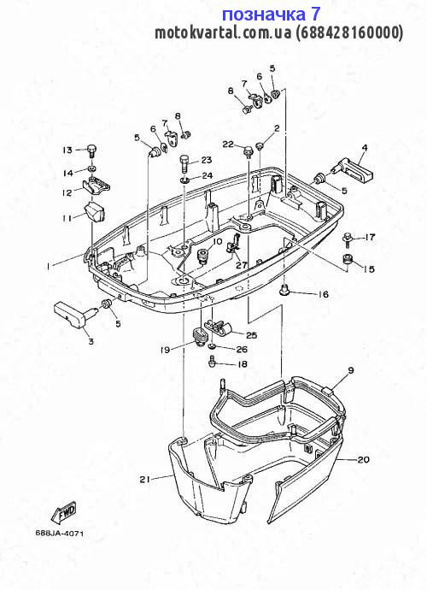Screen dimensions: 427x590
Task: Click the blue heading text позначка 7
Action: pyautogui.click(x=271, y=15)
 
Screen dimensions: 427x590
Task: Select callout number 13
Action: pyautogui.click(x=67, y=150)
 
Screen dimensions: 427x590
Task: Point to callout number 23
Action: pyautogui.click(x=206, y=160)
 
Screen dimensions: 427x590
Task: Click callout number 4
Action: pyautogui.click(x=364, y=147)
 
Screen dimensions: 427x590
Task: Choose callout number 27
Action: pyautogui.click(x=242, y=265)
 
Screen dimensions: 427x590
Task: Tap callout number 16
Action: pyautogui.click(x=323, y=294)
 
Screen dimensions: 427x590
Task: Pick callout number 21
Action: pyautogui.click(x=144, y=479)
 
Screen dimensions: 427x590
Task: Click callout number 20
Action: pyautogui.click(x=364, y=459)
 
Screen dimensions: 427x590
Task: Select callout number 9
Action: pyautogui.click(x=351, y=370)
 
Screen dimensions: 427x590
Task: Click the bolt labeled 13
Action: pyautogui.click(x=91, y=150)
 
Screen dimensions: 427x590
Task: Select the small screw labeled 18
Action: pyautogui.click(x=211, y=362)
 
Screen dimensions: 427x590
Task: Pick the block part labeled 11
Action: pyautogui.click(x=94, y=212)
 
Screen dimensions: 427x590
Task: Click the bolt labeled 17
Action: pyautogui.click(x=348, y=239)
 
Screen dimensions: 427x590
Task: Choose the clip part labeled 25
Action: pyautogui.click(x=219, y=327)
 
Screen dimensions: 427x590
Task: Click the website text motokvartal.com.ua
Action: pyautogui.click(x=223, y=32)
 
